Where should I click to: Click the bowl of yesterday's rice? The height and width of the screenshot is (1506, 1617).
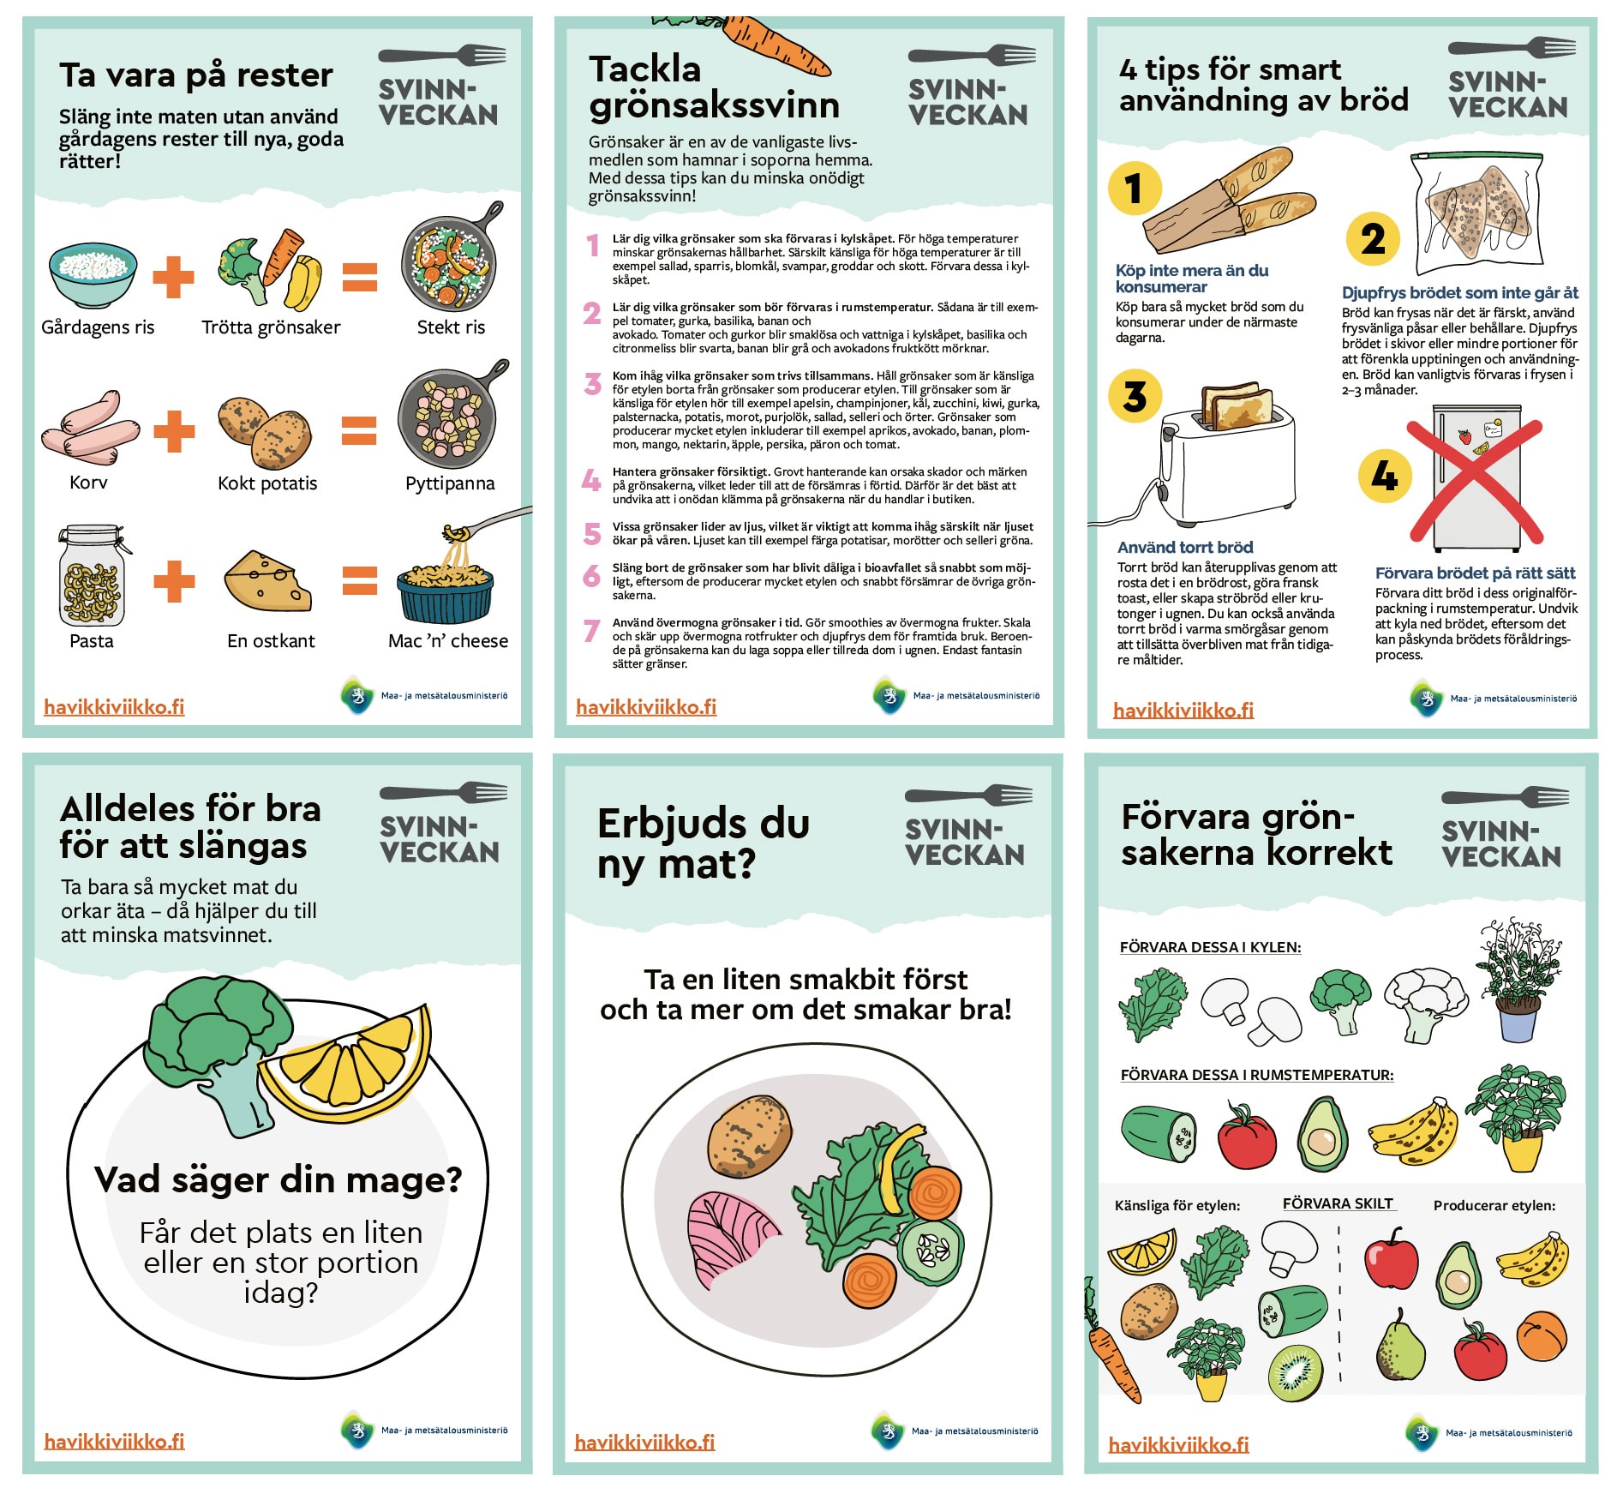[93, 274]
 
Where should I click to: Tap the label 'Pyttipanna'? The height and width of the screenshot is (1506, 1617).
[450, 483]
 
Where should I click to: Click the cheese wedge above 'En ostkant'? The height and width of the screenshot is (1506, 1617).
[267, 580]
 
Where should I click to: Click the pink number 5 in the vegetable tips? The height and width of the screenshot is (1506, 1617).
[592, 533]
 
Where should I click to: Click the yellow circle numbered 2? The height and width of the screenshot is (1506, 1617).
[1373, 239]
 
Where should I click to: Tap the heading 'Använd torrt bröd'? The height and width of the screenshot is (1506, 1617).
[1185, 547]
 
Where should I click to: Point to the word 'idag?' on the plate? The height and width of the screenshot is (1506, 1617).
[280, 1292]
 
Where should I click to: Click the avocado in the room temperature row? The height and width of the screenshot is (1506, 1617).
[1322, 1134]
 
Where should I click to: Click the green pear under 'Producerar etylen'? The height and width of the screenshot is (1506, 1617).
[1399, 1346]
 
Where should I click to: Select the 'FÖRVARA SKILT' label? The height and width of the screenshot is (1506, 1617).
[1338, 1203]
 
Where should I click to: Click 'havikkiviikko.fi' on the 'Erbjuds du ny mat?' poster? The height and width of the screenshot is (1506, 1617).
[644, 1443]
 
